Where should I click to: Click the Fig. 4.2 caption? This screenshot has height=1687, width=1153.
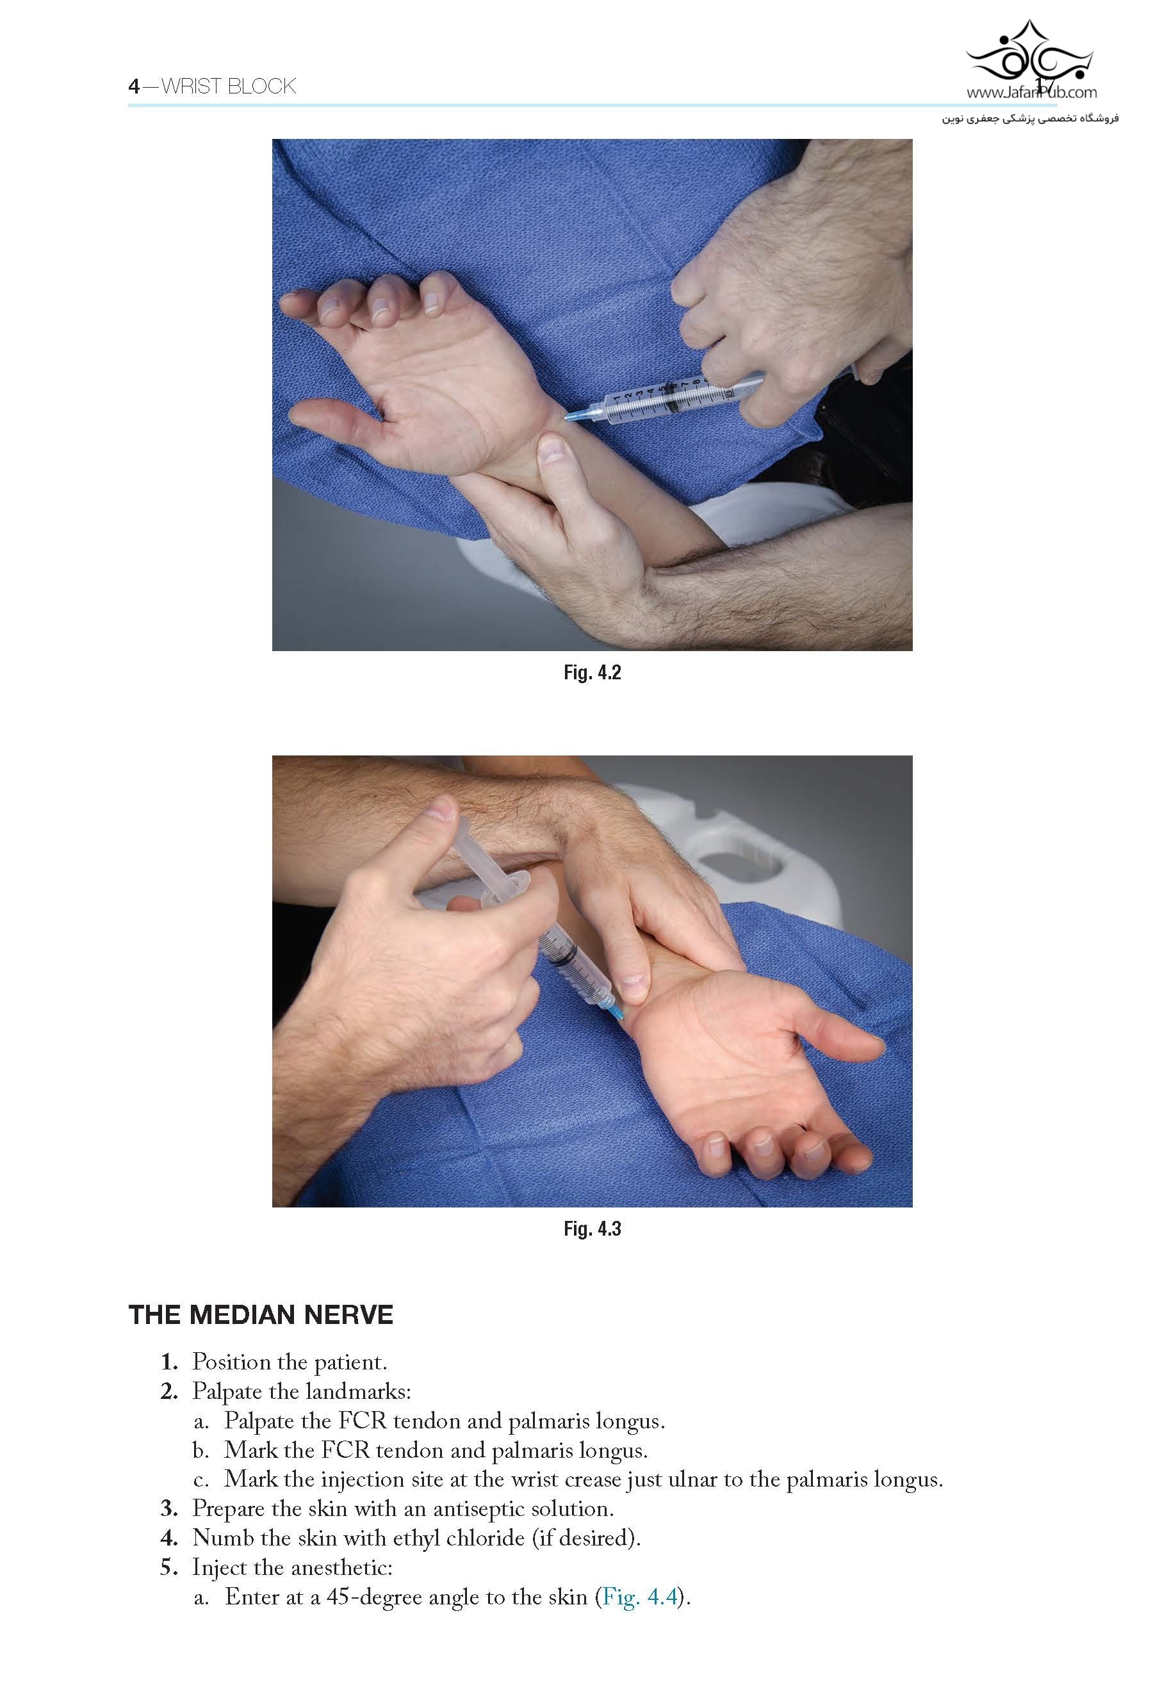click(592, 673)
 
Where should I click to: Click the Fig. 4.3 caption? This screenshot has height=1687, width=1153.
click(592, 1229)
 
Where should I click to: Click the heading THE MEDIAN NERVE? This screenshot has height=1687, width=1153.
click(261, 1314)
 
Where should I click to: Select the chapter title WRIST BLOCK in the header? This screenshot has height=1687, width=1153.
click(228, 86)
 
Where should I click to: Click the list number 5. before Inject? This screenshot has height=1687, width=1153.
click(169, 1568)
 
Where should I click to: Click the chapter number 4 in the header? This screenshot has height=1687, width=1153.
click(134, 86)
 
